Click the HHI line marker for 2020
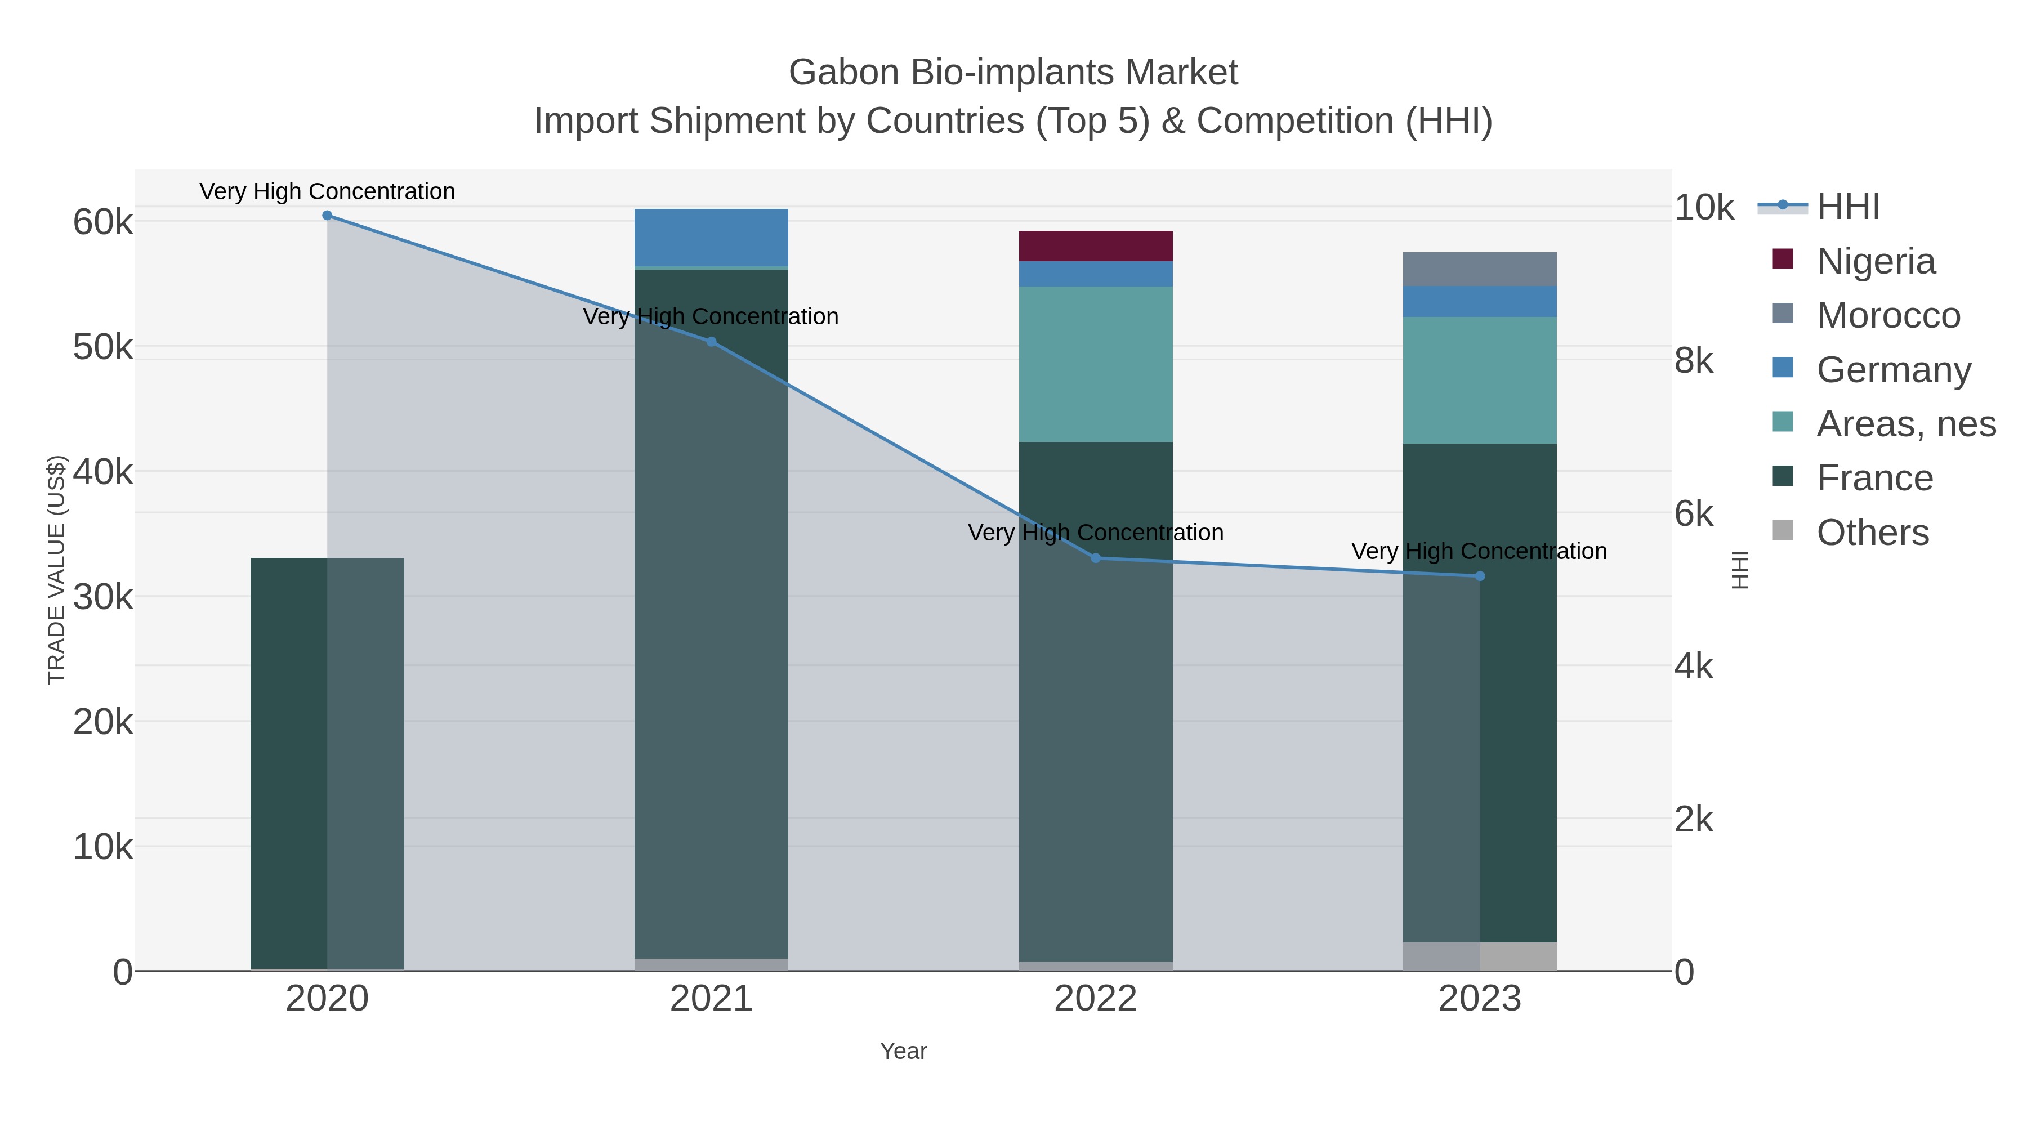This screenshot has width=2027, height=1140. (327, 216)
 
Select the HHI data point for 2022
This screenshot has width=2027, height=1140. (1095, 558)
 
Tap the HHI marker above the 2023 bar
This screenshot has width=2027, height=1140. (1479, 576)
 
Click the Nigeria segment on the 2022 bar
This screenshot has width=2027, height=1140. (1095, 246)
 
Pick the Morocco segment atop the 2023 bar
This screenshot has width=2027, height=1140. (1479, 269)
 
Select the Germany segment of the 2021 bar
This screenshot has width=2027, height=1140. (711, 238)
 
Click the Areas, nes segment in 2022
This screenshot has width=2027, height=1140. (1095, 364)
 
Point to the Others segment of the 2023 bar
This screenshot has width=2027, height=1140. (1479, 956)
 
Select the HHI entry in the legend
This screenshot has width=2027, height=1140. (1847, 207)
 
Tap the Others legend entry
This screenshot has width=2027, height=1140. (1873, 533)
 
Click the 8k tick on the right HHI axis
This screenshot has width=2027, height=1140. (1693, 361)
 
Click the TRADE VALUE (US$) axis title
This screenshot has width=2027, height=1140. (57, 570)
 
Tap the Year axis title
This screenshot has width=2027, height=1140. (903, 1051)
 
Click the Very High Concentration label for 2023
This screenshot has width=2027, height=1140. (1479, 552)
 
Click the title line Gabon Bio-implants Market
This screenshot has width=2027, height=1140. (1013, 73)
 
